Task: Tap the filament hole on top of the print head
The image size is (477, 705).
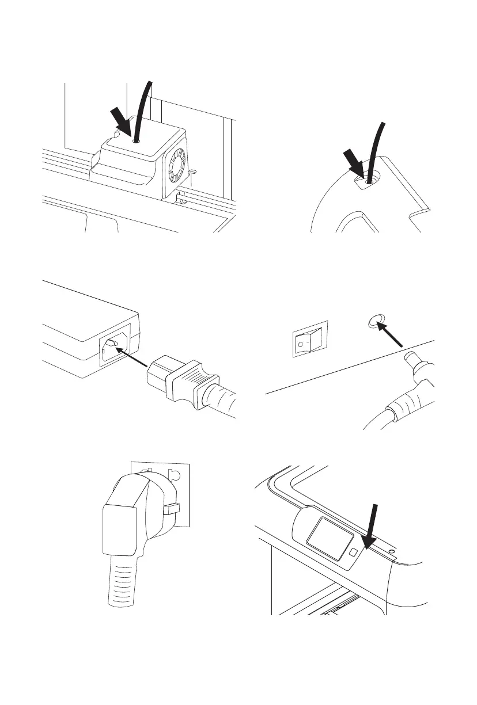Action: tap(136, 140)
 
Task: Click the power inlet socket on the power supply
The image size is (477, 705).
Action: tap(113, 349)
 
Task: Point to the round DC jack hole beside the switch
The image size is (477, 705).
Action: tap(376, 322)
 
